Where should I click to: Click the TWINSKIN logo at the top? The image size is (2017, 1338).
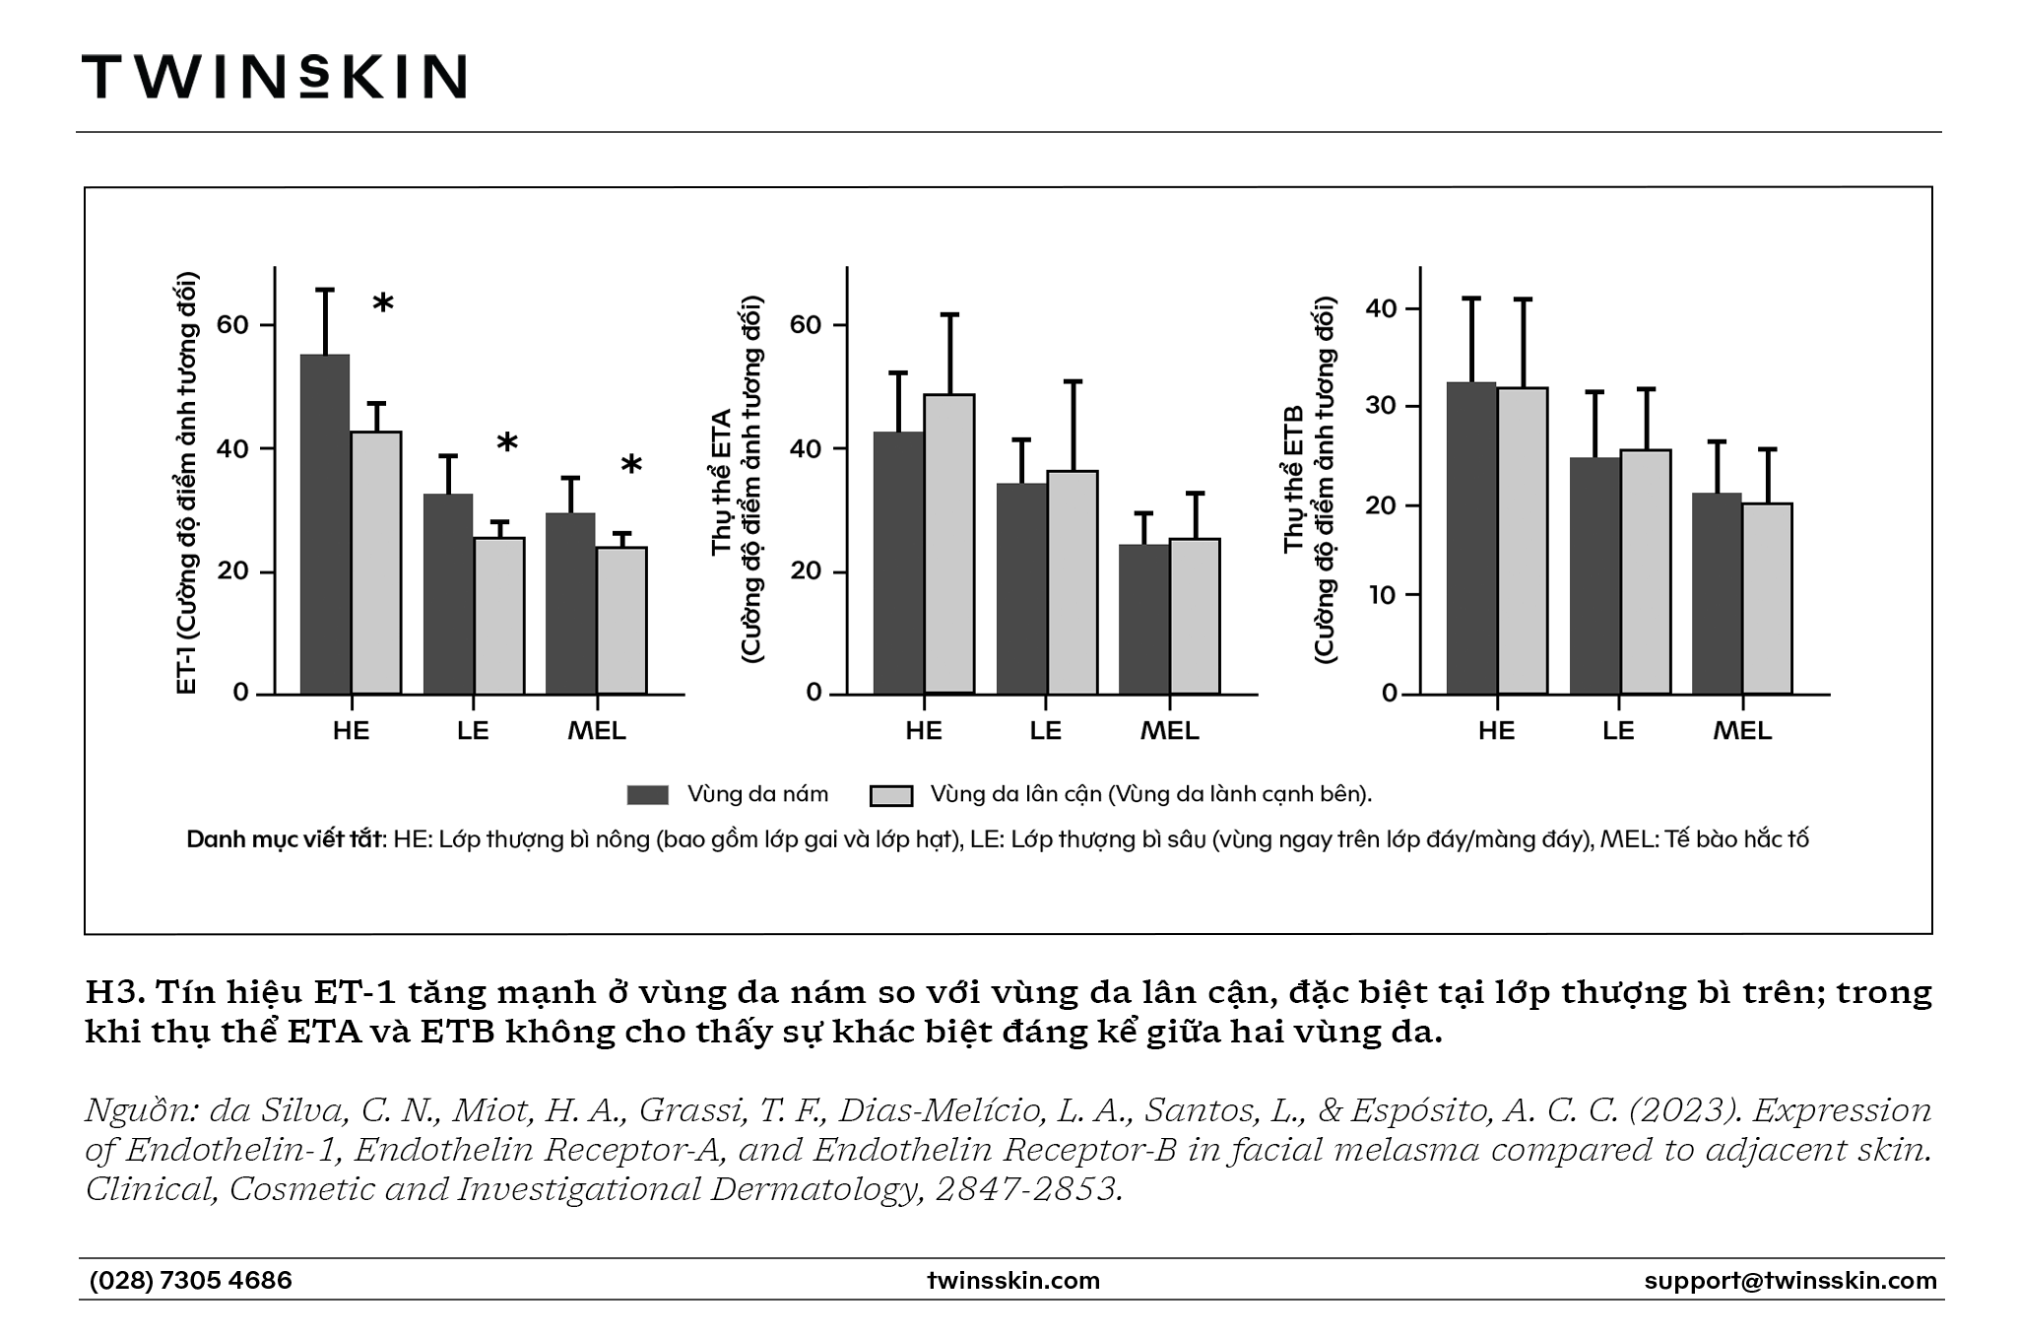click(274, 76)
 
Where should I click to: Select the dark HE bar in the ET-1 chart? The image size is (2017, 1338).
click(325, 524)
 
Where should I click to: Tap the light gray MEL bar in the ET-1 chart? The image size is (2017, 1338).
click(621, 621)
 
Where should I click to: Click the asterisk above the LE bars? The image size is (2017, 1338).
click(507, 444)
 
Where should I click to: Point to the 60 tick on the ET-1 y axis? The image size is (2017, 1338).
click(233, 325)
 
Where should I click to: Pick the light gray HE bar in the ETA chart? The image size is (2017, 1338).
click(949, 544)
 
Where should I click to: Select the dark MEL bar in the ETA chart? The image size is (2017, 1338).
click(1144, 620)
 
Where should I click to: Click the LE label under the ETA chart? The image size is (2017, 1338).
click(1046, 730)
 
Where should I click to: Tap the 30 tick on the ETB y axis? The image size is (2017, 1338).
click(1381, 406)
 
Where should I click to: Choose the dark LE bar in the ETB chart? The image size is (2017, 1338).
click(1594, 576)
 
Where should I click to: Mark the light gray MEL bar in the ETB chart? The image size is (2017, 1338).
click(1767, 599)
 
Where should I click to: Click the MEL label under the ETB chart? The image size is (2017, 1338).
click(1742, 730)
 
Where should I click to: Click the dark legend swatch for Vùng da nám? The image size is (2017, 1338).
click(648, 795)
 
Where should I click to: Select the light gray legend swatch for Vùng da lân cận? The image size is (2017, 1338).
click(891, 795)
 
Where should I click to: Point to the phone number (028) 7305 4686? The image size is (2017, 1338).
click(191, 1280)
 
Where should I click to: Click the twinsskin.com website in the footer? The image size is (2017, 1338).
click(1013, 1280)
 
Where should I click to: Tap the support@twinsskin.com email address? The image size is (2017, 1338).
click(1790, 1280)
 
